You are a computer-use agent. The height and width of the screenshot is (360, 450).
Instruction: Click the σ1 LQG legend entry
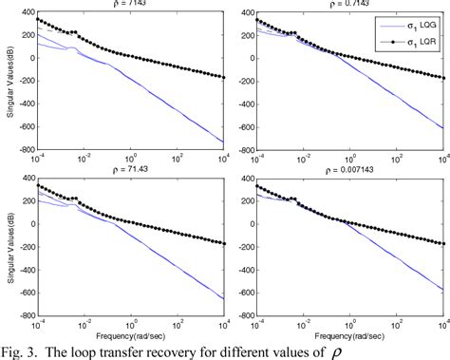(413, 28)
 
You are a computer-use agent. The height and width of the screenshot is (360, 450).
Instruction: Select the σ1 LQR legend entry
(413, 44)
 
